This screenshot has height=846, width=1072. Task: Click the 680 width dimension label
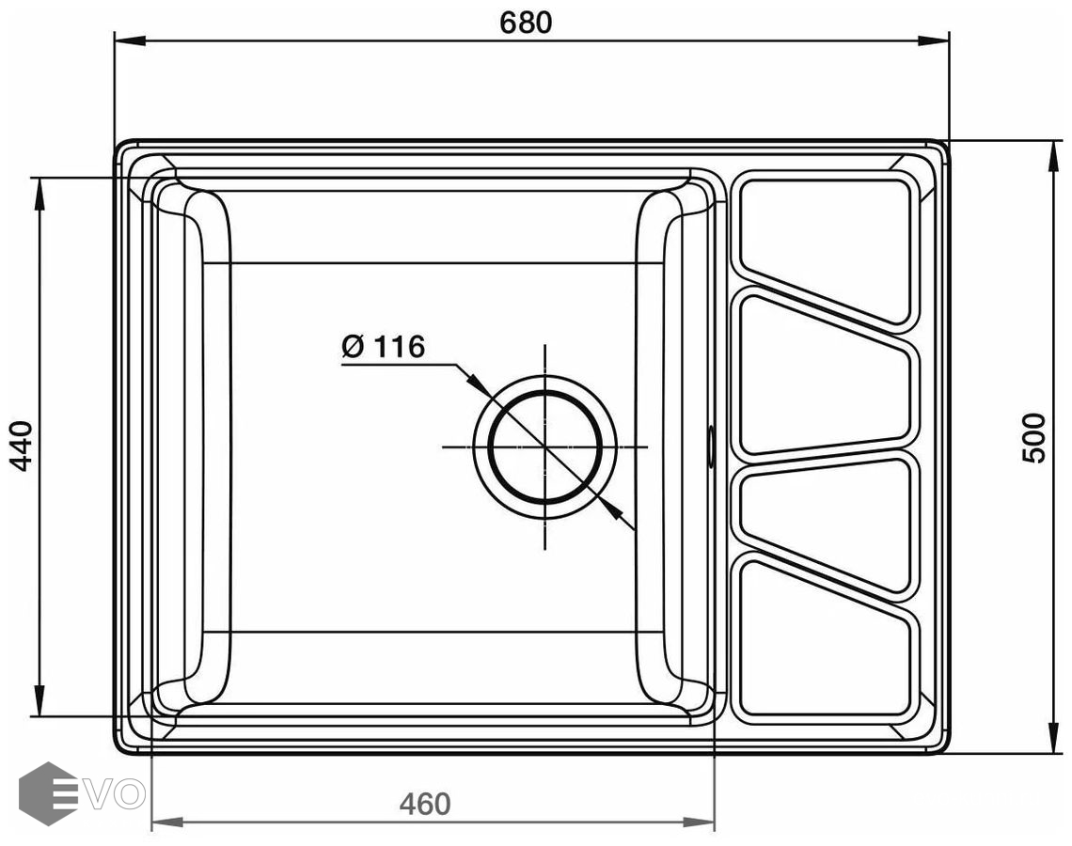526,23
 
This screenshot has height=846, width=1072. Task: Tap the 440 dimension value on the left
22,446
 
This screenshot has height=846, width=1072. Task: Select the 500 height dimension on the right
1033,438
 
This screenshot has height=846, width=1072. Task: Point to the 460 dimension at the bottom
425,804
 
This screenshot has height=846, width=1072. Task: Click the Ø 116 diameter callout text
384,347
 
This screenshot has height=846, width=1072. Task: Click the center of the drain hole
544,446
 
